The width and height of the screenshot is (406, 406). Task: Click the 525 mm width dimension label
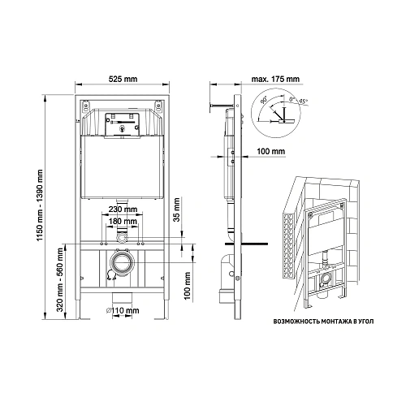[123, 79]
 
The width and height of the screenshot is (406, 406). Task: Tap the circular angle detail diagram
[273, 113]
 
